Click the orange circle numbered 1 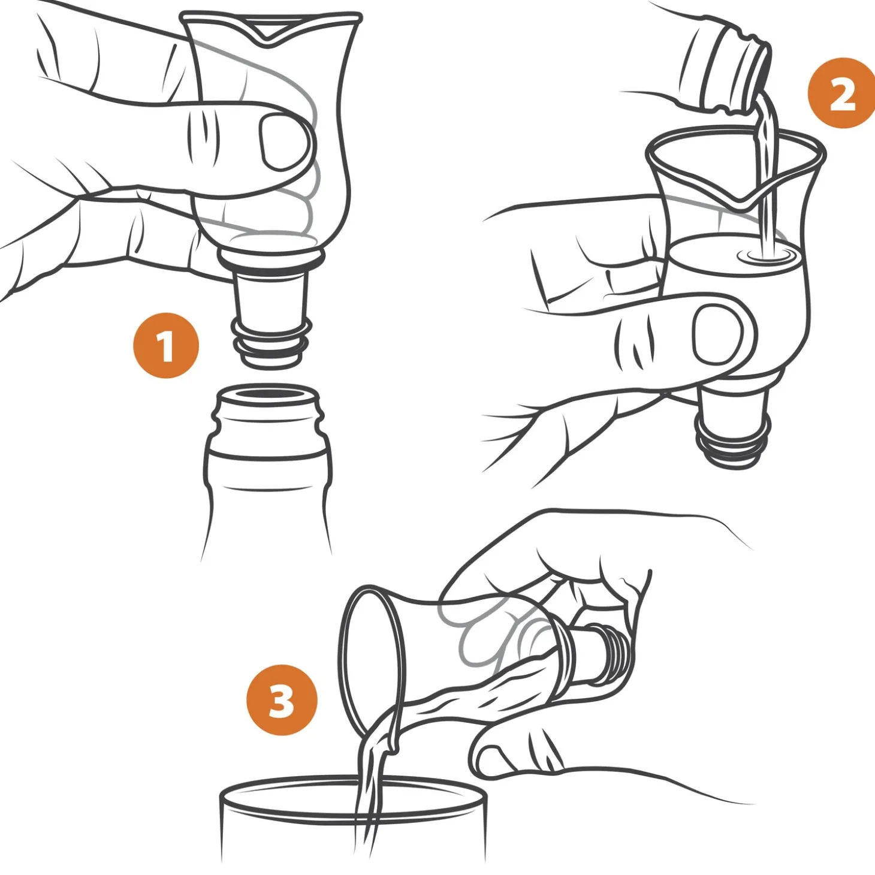(x=166, y=346)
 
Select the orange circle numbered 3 (x=282, y=700)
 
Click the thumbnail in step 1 (x=281, y=143)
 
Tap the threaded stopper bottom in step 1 (x=271, y=344)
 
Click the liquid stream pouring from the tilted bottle (x=766, y=173)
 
